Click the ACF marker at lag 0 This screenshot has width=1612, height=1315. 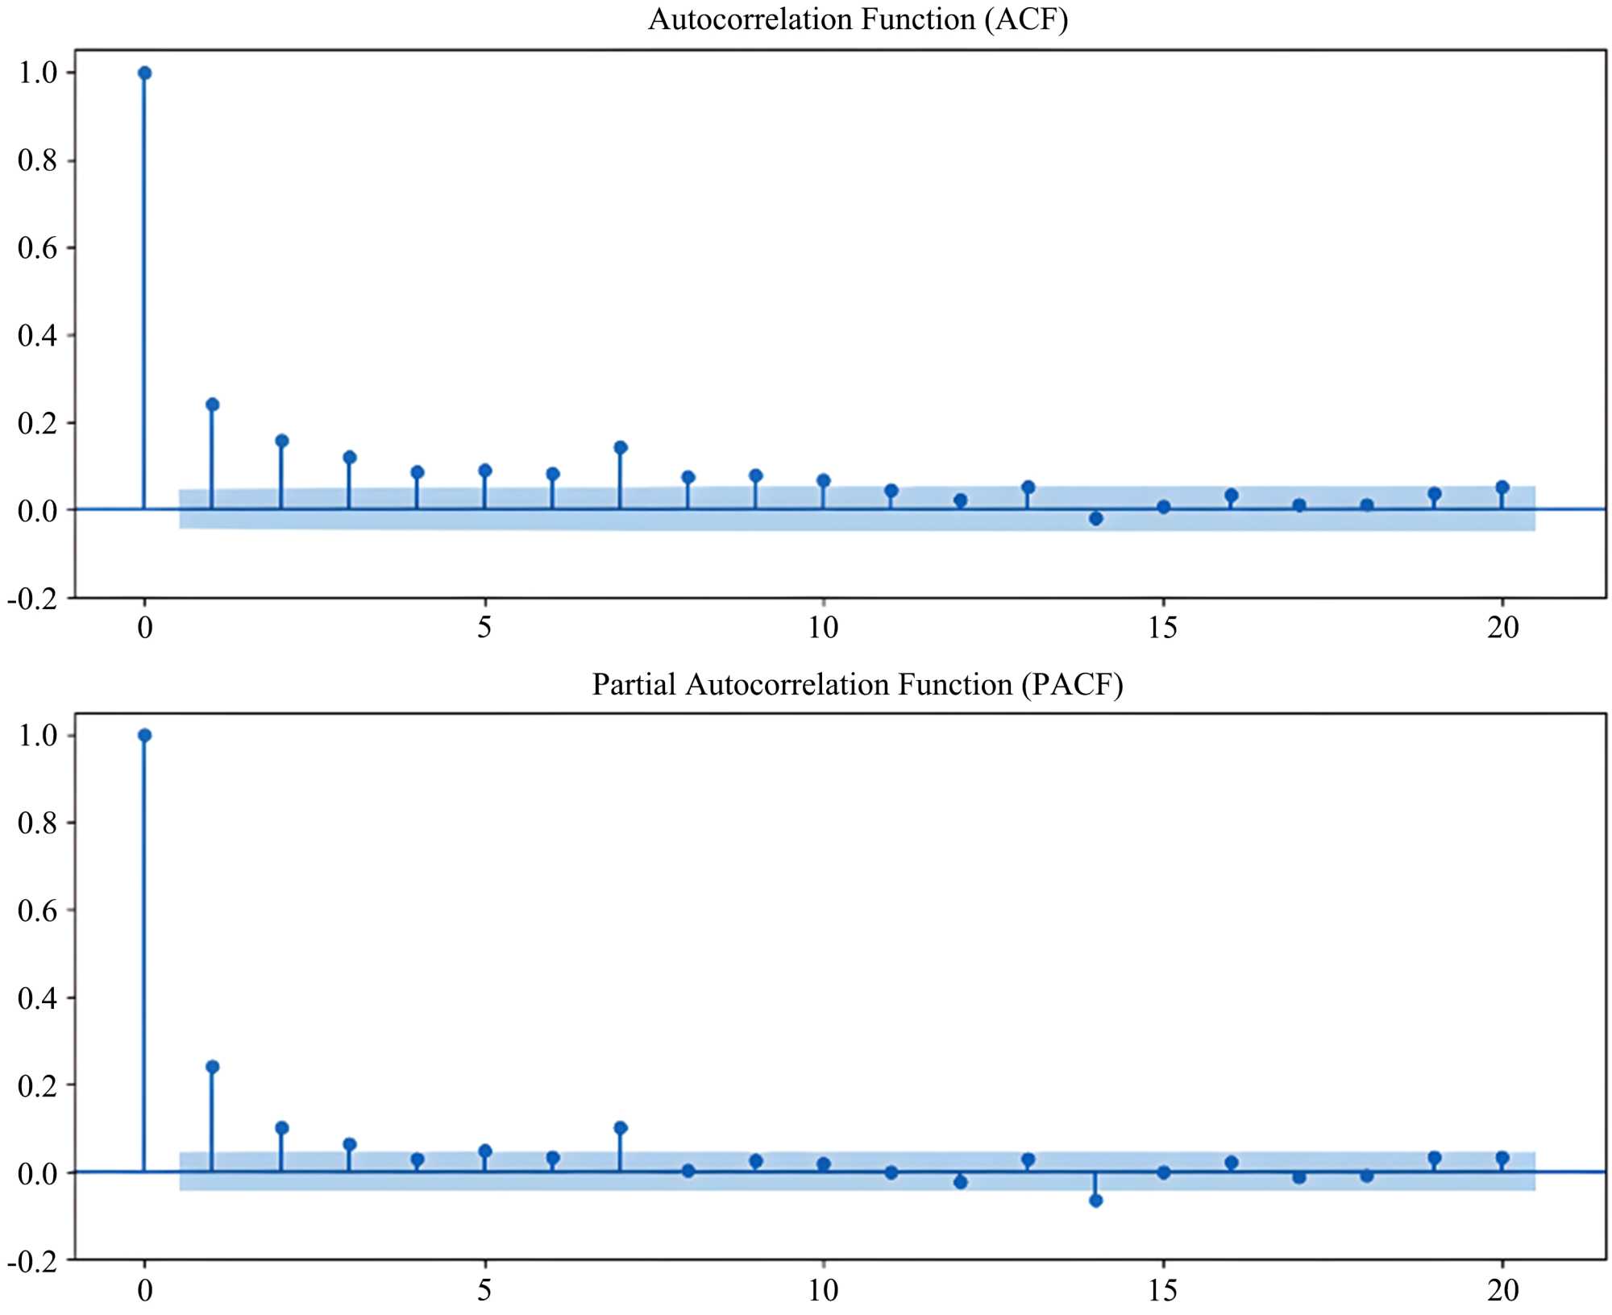(145, 73)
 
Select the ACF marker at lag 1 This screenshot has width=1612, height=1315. (213, 404)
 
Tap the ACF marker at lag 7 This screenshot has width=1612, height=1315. (621, 447)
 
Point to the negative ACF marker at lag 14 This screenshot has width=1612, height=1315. (1096, 518)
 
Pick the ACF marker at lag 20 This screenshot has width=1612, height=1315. (1502, 487)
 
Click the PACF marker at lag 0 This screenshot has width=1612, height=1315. (145, 735)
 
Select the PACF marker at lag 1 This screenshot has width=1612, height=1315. (213, 1067)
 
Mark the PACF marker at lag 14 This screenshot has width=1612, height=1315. (1096, 1201)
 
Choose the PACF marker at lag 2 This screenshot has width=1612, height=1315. (282, 1128)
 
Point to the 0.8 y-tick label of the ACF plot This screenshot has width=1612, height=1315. (37, 160)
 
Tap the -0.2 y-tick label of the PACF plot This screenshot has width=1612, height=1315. (32, 1262)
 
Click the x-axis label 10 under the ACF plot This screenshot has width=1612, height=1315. (823, 627)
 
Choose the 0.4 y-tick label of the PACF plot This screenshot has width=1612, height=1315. (37, 998)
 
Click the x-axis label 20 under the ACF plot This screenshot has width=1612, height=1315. (1502, 627)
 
